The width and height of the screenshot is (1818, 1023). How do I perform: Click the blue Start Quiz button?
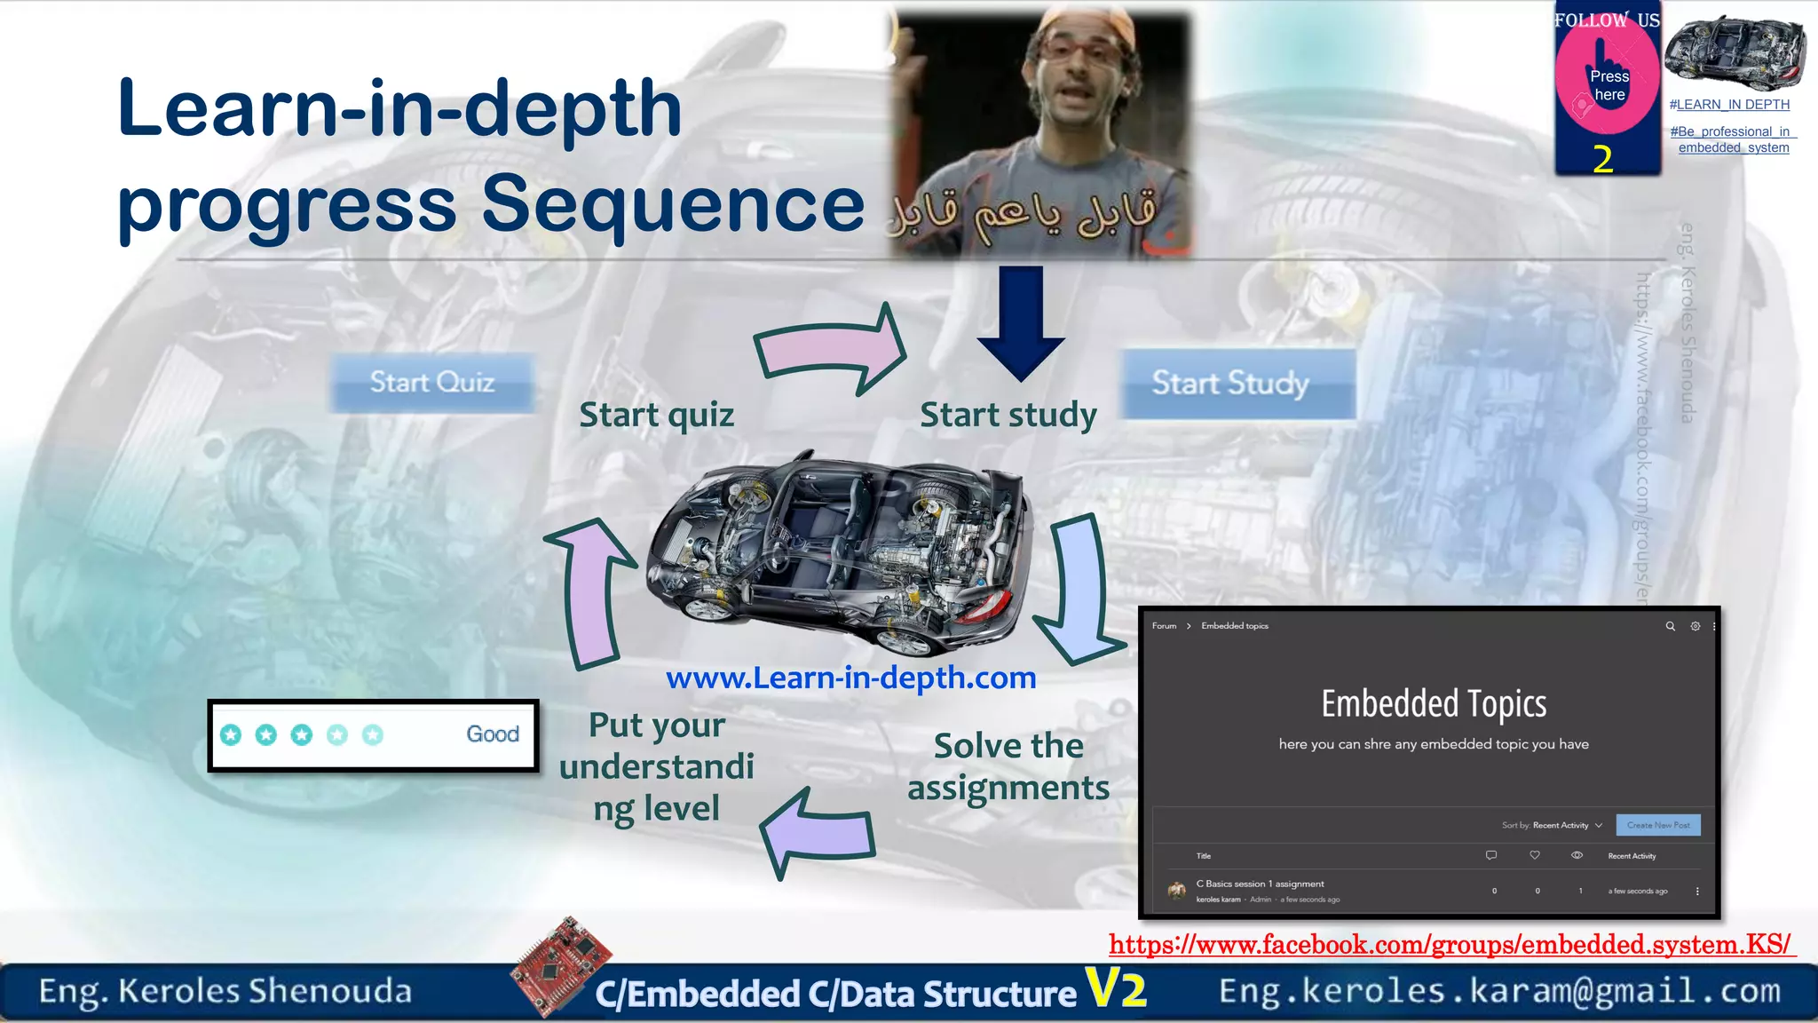(x=432, y=383)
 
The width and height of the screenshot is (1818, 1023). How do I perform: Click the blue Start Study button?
(x=1237, y=384)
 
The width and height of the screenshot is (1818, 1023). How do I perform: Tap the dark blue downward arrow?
(x=1021, y=323)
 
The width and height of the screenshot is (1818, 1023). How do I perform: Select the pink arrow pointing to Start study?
(x=830, y=349)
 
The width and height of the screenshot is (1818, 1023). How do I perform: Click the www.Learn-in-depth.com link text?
(x=850, y=678)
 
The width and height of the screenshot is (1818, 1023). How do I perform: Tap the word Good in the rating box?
(x=493, y=734)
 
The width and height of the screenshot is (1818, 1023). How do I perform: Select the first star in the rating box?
(x=231, y=734)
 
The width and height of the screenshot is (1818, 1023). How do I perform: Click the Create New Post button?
(x=1657, y=825)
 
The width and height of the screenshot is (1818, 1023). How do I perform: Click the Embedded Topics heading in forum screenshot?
(x=1433, y=704)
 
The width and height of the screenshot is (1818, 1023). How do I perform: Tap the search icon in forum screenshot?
(x=1670, y=626)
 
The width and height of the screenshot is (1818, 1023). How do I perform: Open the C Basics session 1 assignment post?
(x=1259, y=884)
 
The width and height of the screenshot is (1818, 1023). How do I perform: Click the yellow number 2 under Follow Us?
(x=1602, y=160)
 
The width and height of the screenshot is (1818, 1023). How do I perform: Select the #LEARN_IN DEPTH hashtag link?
(x=1728, y=105)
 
